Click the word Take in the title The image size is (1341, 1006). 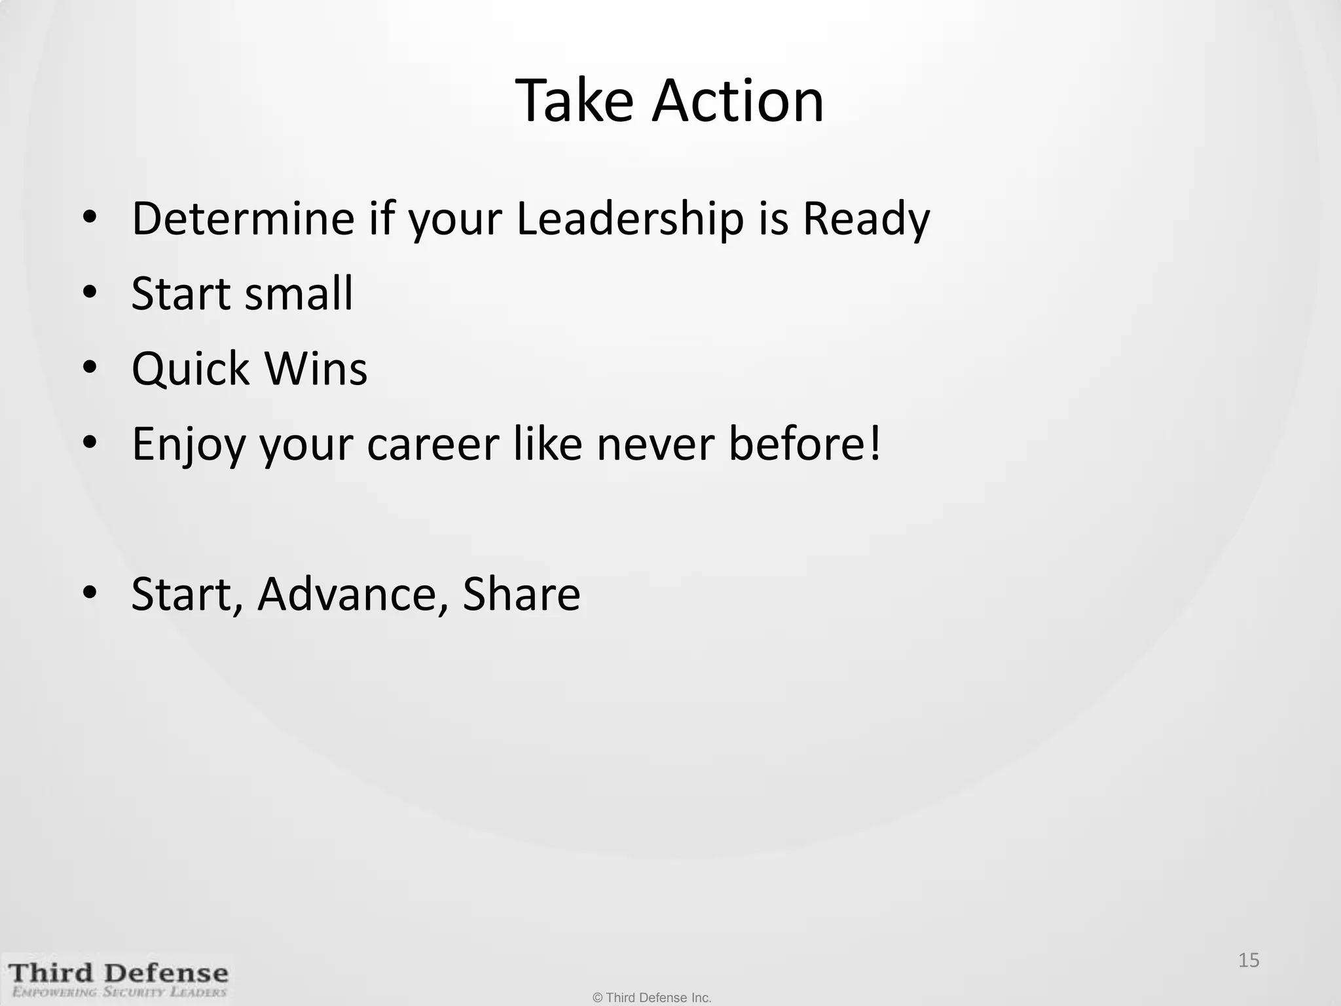pos(575,101)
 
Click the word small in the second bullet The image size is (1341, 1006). pos(298,293)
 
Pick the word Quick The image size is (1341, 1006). pos(191,369)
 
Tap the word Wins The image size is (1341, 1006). pos(316,369)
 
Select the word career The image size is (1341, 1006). pos(432,445)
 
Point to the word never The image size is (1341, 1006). pos(655,445)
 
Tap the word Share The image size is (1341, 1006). pos(521,595)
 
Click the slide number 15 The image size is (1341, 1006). pos(1249,960)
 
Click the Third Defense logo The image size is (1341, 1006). pos(119,973)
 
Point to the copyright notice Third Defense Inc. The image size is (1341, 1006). pos(652,997)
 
